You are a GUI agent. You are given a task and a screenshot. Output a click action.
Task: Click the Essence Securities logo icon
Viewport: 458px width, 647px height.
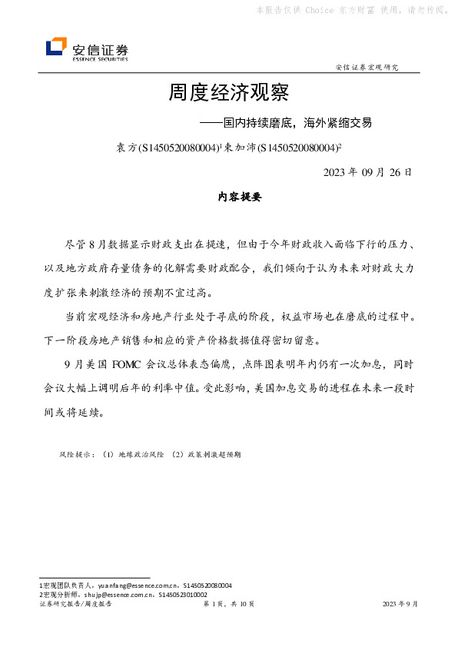[x=56, y=47]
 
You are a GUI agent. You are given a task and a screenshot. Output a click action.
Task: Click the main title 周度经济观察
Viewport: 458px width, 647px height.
[x=228, y=94]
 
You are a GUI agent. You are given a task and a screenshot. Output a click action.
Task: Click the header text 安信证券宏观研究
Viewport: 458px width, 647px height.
[x=367, y=68]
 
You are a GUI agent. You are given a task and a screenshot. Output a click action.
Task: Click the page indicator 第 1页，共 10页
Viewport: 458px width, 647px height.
[x=227, y=605]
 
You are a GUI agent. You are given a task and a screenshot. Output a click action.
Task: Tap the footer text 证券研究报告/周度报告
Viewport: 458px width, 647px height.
[x=75, y=605]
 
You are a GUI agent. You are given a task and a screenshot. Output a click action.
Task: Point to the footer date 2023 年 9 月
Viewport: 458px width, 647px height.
[x=400, y=605]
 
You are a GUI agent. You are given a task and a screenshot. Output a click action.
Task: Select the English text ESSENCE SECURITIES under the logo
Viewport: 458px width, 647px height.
[x=100, y=58]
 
